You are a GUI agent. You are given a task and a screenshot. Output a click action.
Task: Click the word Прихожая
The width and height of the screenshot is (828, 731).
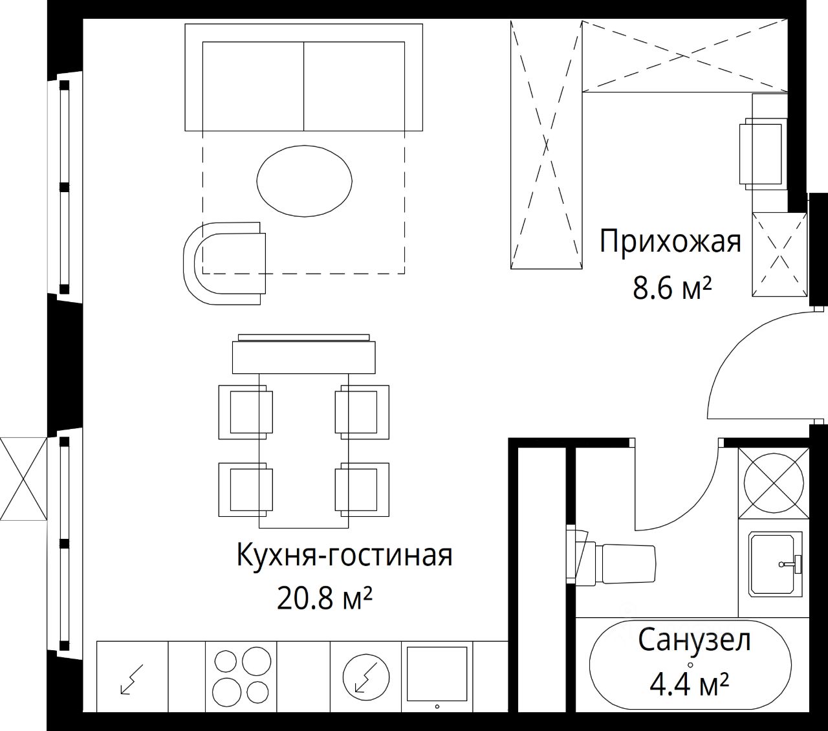(670, 243)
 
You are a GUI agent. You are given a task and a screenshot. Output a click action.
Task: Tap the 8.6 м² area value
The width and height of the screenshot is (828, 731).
(672, 289)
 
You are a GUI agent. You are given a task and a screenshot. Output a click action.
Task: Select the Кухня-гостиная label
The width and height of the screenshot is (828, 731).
(345, 555)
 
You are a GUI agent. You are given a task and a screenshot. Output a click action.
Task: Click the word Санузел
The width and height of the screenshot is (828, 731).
(694, 641)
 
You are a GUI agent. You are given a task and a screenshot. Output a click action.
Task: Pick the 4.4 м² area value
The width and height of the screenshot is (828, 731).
(690, 685)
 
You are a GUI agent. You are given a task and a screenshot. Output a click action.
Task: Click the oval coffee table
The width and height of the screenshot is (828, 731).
(304, 181)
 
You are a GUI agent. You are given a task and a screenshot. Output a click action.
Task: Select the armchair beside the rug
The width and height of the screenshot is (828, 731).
(224, 263)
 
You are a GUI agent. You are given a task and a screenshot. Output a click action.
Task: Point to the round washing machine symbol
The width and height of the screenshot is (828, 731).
(774, 484)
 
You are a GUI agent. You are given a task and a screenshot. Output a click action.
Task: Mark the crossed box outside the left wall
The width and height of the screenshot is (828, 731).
(24, 478)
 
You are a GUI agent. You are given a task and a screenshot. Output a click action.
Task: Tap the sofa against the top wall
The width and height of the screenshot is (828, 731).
(303, 77)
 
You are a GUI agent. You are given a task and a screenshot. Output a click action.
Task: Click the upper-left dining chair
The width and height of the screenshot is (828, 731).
(246, 412)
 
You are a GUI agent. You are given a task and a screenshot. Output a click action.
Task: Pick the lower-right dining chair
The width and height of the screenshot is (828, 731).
(362, 490)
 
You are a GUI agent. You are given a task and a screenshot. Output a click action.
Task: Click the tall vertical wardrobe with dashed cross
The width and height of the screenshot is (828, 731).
(547, 145)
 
